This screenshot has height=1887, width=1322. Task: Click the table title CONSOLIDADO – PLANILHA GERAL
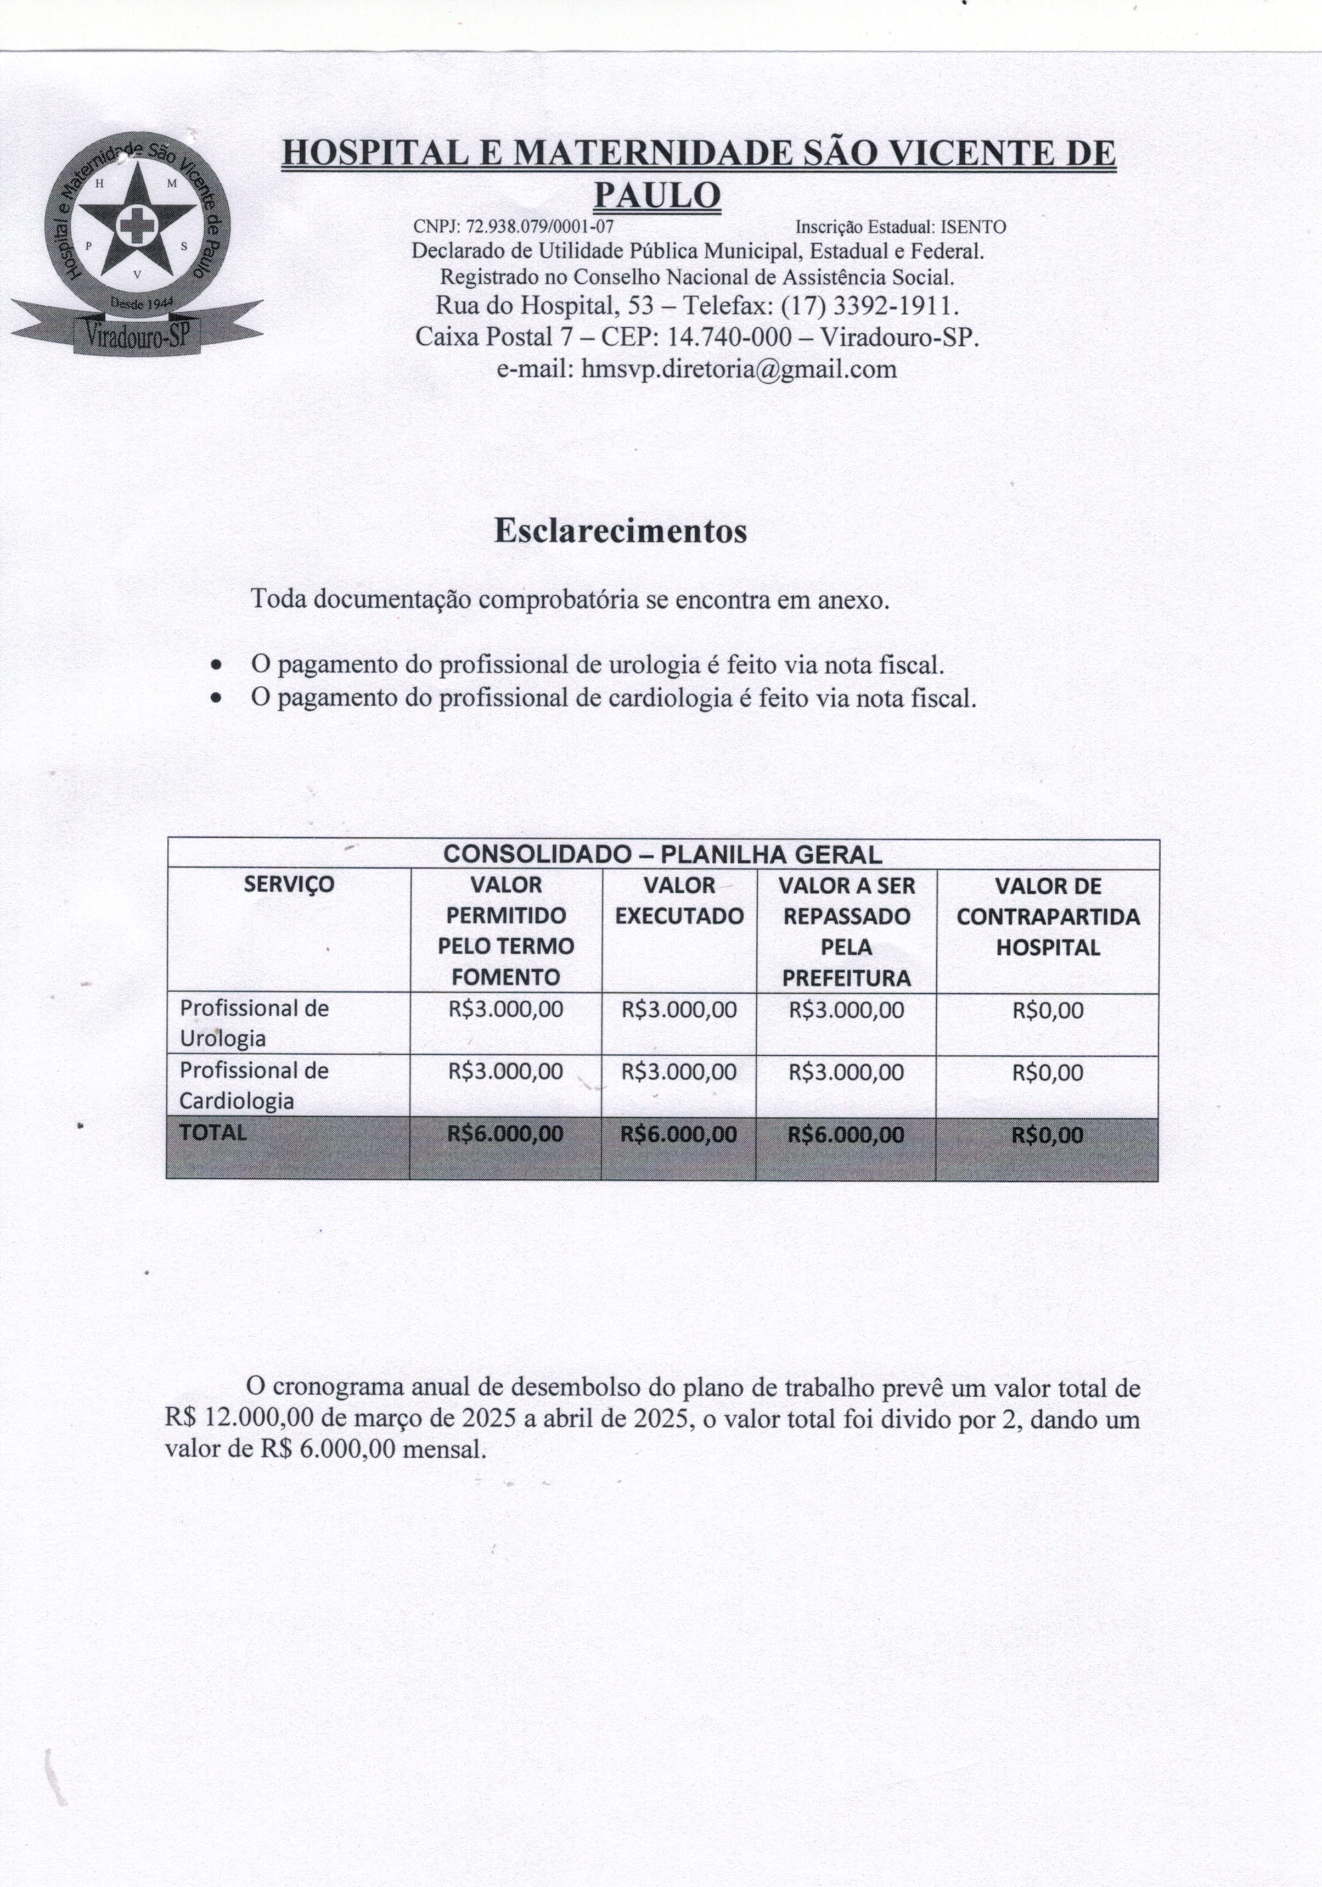tap(662, 854)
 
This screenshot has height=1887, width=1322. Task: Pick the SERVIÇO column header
tap(289, 884)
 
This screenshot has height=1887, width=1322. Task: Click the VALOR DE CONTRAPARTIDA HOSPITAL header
tap(1048, 916)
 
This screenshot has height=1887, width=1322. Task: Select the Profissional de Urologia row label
tap(254, 1023)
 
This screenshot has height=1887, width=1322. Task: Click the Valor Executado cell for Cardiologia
tap(679, 1072)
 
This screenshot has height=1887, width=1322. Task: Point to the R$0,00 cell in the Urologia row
tap(1048, 1010)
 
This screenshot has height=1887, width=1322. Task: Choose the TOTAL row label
tap(213, 1133)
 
